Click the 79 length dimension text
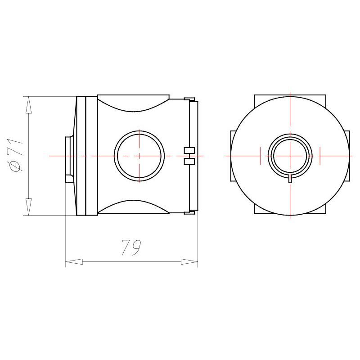131,248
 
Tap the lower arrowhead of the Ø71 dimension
28,207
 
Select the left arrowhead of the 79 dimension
74,261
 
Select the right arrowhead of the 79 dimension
189,261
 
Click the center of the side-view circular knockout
139,156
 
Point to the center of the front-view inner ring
290,156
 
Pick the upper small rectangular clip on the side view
189,150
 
